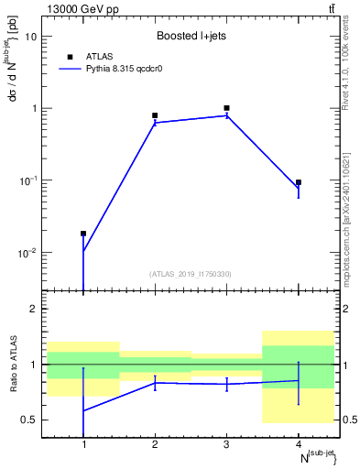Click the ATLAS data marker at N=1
[83, 234]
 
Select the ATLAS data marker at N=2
[155, 115]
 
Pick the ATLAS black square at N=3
[226, 108]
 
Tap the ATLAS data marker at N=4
[299, 182]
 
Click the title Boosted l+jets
[191, 37]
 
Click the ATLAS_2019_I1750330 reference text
[191, 274]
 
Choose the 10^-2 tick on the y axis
[29, 253]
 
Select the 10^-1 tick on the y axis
[29, 180]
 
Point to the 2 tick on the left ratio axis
[34, 309]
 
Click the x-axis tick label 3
[226, 444]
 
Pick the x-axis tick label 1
[83, 444]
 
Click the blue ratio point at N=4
[299, 380]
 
